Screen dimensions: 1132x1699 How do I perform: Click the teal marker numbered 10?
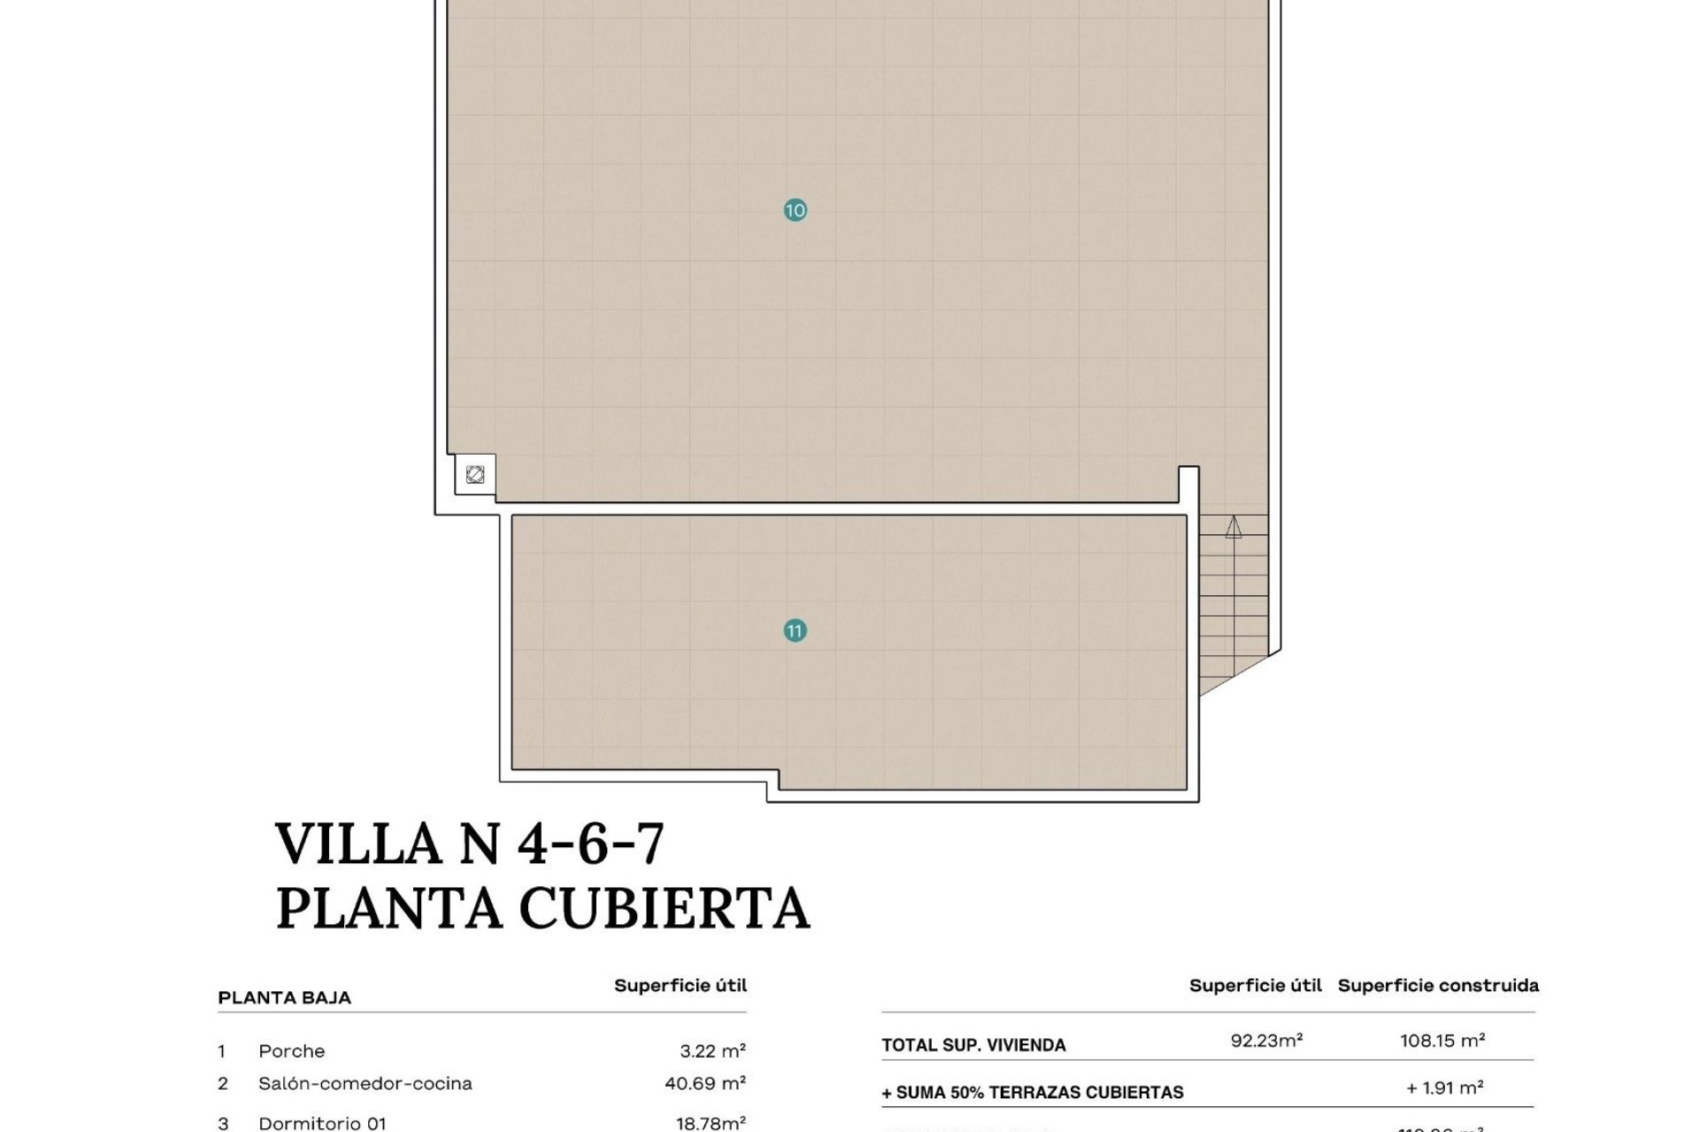pyautogui.click(x=795, y=210)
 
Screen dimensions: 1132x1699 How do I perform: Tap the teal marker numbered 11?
pyautogui.click(x=795, y=631)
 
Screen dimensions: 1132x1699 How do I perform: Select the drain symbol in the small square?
pyautogui.click(x=475, y=475)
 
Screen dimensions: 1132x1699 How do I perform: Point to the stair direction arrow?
pyautogui.click(x=1234, y=528)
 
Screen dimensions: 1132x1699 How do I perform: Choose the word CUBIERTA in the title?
pyautogui.click(x=664, y=908)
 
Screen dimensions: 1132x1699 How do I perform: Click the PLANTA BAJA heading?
pyautogui.click(x=284, y=998)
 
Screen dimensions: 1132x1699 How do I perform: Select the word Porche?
pyautogui.click(x=291, y=1052)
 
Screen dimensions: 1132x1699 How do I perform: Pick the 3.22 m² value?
pyautogui.click(x=712, y=1052)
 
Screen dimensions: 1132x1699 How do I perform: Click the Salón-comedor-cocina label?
pyautogui.click(x=365, y=1083)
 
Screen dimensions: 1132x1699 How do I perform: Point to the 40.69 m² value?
pyautogui.click(x=704, y=1083)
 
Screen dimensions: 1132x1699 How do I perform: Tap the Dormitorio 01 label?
pyautogui.click(x=322, y=1123)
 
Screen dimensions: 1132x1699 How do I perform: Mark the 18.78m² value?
pyautogui.click(x=711, y=1123)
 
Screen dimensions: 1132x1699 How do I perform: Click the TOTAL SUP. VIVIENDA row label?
pyautogui.click(x=973, y=1045)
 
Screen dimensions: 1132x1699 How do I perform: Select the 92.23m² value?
pyautogui.click(x=1266, y=1041)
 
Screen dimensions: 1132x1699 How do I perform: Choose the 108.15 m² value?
pyautogui.click(x=1441, y=1041)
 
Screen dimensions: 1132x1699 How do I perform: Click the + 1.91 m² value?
pyautogui.click(x=1444, y=1088)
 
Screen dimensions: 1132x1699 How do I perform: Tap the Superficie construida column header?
pyautogui.click(x=1438, y=985)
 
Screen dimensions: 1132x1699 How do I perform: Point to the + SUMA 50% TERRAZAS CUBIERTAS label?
pyautogui.click(x=1032, y=1093)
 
